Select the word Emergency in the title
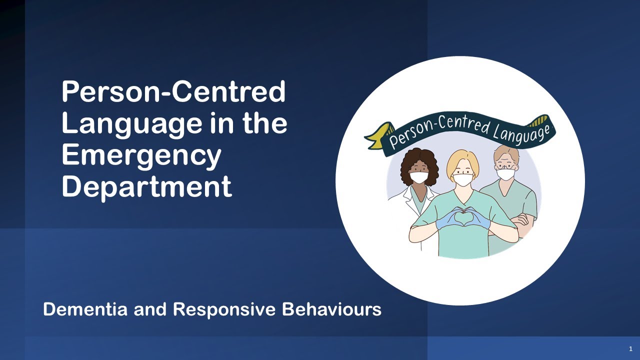tap(141, 155)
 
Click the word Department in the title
tap(146, 186)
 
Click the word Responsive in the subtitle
tap(224, 309)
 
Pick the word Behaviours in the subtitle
tap(331, 309)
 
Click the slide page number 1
tap(630, 348)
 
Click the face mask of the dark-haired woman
tap(418, 177)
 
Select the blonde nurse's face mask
tap(462, 179)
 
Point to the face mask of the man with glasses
tap(505, 174)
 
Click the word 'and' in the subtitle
tap(151, 309)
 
